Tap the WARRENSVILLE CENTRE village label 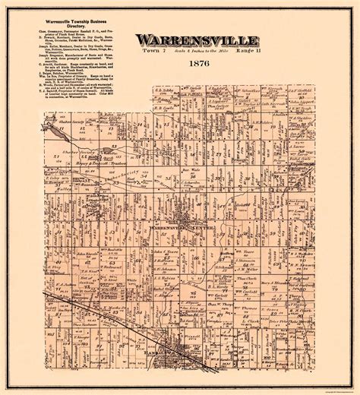click(180, 207)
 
